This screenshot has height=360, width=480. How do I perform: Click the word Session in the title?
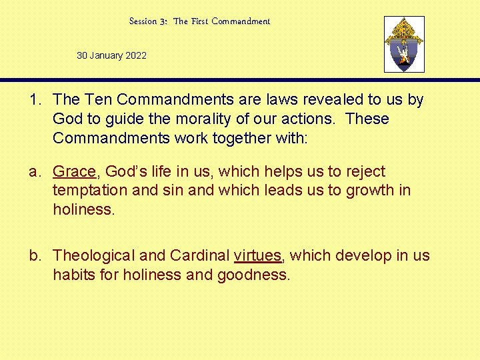(x=143, y=21)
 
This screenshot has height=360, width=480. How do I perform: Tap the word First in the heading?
(x=200, y=21)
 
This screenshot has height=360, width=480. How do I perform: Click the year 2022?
(x=136, y=55)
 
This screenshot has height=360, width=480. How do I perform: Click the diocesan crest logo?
(x=404, y=44)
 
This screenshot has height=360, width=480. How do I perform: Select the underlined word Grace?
(x=74, y=172)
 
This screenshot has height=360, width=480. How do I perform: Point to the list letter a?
(x=34, y=172)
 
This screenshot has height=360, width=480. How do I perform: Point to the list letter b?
(x=34, y=256)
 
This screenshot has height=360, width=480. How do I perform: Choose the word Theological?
(x=94, y=256)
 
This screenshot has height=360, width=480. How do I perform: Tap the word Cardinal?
(x=199, y=256)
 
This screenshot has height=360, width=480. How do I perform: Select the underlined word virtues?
(x=258, y=256)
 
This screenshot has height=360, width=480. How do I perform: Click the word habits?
(x=75, y=275)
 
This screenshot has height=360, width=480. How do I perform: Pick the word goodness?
(x=254, y=275)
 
